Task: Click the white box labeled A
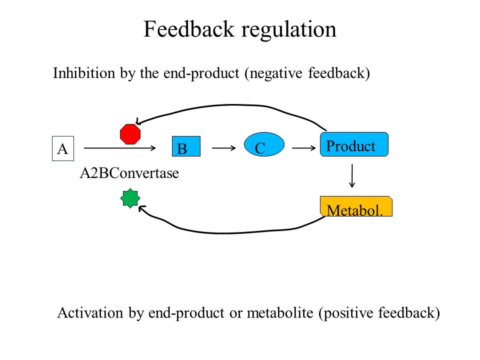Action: (x=63, y=148)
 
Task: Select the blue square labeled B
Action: (x=186, y=146)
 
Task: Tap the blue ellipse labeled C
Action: (x=264, y=144)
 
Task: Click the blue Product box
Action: (x=354, y=144)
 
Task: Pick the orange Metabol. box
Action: (x=356, y=206)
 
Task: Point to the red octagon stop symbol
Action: (x=130, y=134)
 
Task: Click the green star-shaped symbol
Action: (x=130, y=198)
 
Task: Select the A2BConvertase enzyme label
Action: (x=129, y=173)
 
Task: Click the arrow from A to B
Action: (x=119, y=148)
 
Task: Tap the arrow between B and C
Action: (x=224, y=148)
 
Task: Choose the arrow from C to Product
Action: (x=303, y=148)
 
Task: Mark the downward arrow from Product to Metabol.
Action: (x=352, y=175)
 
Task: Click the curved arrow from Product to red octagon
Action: (x=232, y=105)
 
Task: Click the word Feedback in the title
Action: (x=189, y=29)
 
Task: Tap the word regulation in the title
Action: (x=288, y=30)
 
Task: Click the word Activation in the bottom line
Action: (x=90, y=312)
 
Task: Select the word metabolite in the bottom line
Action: (x=280, y=312)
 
